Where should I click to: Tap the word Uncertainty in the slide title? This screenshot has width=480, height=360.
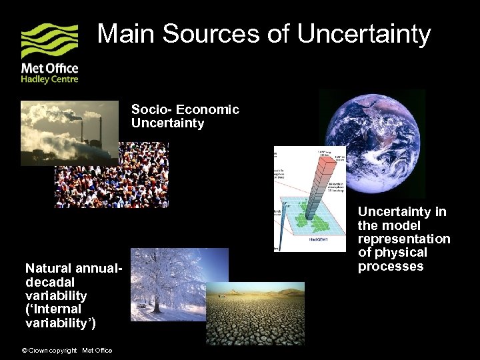point(364,33)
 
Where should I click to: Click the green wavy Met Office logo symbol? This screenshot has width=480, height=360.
point(49,41)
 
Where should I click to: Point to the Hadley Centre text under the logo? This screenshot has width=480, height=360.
point(49,79)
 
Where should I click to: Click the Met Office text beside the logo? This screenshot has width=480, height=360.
point(49,68)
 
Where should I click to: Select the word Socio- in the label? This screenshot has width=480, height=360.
point(149,109)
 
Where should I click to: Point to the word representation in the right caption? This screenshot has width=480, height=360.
point(404,239)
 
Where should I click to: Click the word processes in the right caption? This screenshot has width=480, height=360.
point(391,267)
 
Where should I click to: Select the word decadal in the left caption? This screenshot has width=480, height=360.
point(46,281)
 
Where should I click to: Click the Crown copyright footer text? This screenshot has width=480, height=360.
point(50,351)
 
